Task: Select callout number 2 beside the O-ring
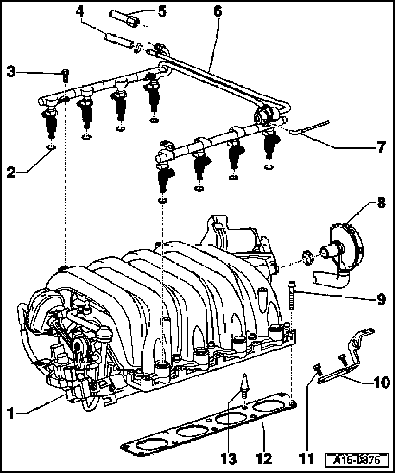pyautogui.click(x=12, y=171)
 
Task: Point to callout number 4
pyautogui.click(x=81, y=11)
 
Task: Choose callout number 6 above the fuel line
pyautogui.click(x=217, y=11)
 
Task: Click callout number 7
pyautogui.click(x=380, y=147)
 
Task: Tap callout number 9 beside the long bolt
pyautogui.click(x=381, y=298)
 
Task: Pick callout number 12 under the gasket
pyautogui.click(x=264, y=458)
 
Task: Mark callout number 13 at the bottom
pyautogui.click(x=228, y=458)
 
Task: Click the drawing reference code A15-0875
pyautogui.click(x=357, y=461)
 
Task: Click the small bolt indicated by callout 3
pyautogui.click(x=66, y=75)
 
